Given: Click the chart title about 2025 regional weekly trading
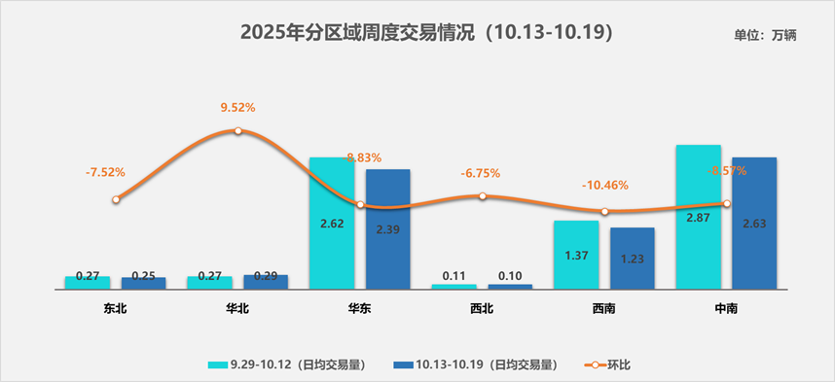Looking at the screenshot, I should [x=425, y=33].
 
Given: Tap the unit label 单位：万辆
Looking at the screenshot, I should [x=765, y=35].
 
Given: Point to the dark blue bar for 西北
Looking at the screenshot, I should [x=510, y=287].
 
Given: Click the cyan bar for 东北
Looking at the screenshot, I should [x=88, y=283].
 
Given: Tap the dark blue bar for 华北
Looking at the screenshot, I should [x=266, y=282].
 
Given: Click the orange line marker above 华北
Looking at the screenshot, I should [x=237, y=130].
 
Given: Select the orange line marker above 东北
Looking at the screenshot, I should [x=116, y=200].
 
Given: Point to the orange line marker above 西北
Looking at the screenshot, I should [x=483, y=195].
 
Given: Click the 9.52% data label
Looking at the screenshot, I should [x=238, y=108].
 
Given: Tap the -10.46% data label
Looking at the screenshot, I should [x=604, y=185].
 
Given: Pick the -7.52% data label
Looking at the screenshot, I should [x=105, y=172].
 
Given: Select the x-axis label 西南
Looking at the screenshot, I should [x=603, y=309].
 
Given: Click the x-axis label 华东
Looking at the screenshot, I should [x=359, y=309].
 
